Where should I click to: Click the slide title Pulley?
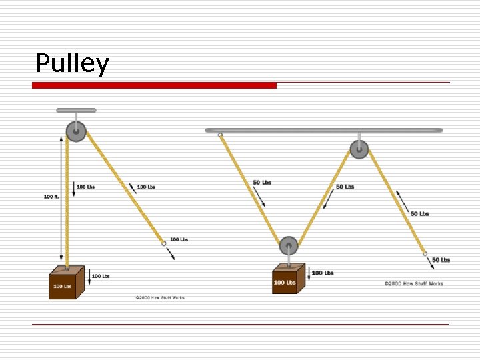point(72,64)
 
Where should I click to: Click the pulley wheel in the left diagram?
point(76,131)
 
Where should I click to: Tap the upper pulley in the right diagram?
point(359,149)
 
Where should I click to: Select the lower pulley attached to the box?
point(288,245)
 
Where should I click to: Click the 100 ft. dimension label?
point(52,197)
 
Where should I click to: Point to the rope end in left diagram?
point(163,244)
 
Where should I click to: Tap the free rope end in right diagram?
point(424,254)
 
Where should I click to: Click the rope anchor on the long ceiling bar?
point(220,135)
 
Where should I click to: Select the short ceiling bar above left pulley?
point(76,110)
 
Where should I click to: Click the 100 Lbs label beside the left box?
point(101,276)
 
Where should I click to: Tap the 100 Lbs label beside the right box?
point(323,273)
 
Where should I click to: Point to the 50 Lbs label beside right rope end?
point(441,260)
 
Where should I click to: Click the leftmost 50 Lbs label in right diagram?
point(262,183)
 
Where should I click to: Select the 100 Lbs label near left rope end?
point(179,239)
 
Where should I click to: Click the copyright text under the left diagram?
point(160,297)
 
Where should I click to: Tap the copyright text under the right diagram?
point(413,284)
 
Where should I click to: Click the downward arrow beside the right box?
point(309,273)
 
